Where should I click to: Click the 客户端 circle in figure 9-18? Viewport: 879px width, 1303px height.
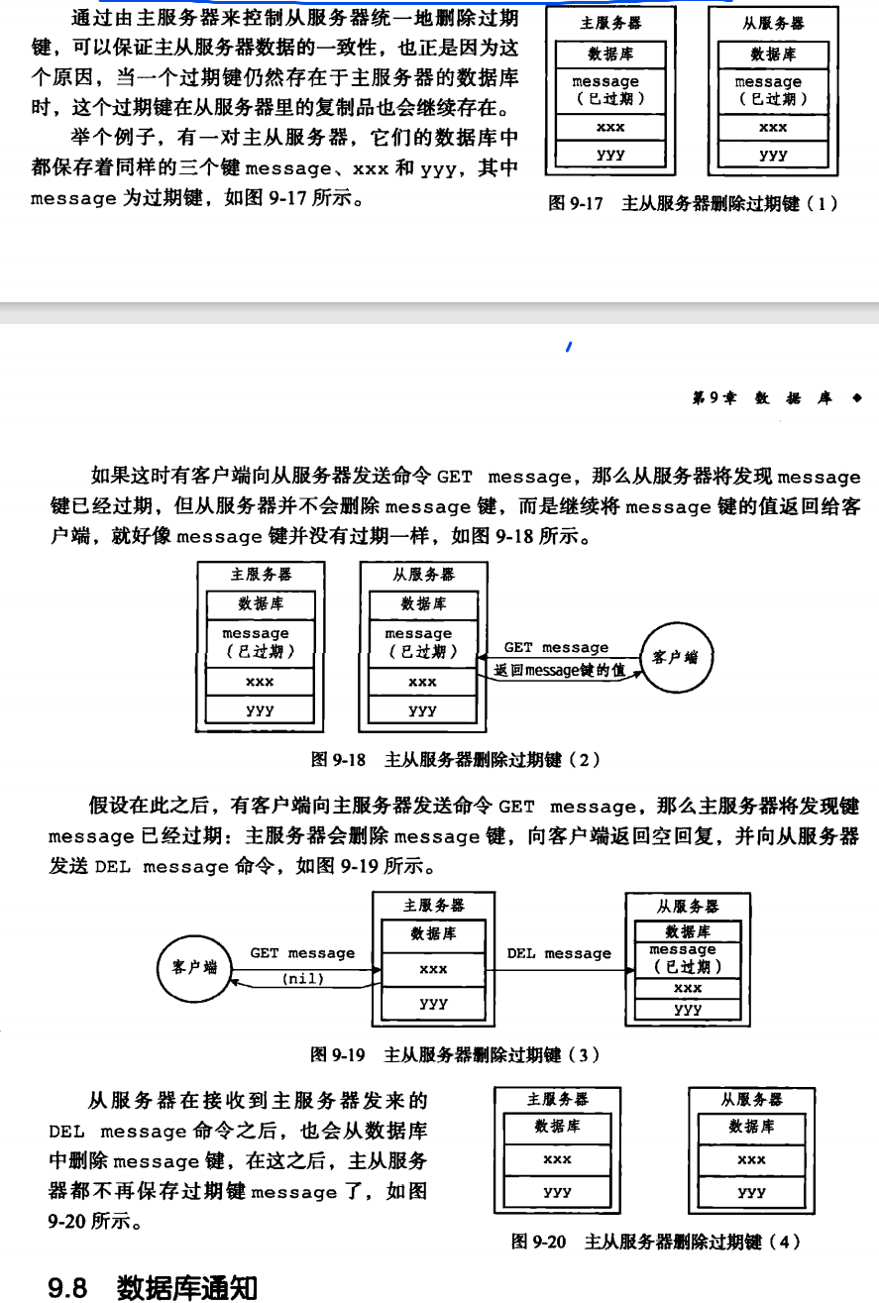click(678, 656)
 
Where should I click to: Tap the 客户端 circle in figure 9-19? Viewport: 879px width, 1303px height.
click(194, 966)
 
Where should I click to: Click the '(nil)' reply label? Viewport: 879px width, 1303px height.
click(303, 978)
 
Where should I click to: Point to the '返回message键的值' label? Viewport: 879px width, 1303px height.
click(560, 671)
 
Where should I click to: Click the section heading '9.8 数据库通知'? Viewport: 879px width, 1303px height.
click(153, 1287)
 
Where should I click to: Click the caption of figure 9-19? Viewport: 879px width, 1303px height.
click(455, 1054)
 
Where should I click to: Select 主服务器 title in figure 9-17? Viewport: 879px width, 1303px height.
click(610, 23)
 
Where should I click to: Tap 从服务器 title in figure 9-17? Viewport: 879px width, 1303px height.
click(773, 23)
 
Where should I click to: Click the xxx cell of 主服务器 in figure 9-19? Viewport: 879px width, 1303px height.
click(433, 969)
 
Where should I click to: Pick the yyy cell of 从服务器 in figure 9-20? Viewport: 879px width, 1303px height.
click(751, 1192)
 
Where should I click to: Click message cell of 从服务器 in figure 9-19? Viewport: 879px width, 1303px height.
click(687, 958)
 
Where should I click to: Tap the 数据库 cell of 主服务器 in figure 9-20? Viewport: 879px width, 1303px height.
click(557, 1127)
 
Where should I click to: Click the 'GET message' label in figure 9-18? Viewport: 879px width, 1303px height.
click(556, 647)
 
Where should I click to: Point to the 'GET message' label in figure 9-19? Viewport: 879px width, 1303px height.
click(302, 952)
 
